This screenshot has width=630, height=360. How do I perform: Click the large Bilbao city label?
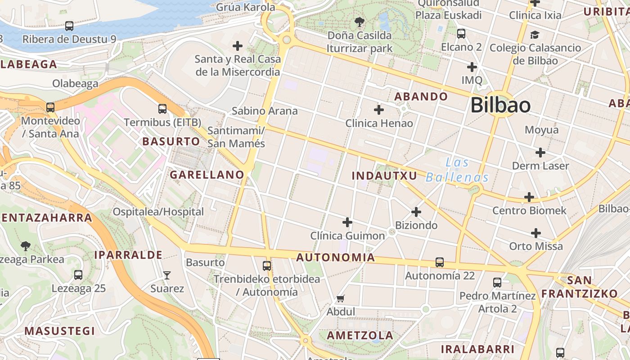click(x=500, y=105)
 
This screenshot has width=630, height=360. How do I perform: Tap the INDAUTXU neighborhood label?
click(x=384, y=175)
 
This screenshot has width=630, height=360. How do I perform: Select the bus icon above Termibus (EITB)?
click(x=162, y=108)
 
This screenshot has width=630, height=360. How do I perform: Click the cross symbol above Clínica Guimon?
click(x=347, y=222)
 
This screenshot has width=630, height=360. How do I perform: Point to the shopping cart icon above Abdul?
click(x=341, y=298)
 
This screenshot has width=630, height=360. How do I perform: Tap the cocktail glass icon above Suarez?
click(x=167, y=275)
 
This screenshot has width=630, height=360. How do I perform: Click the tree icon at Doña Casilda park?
click(x=359, y=21)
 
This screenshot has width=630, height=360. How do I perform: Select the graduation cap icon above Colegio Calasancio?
click(x=535, y=35)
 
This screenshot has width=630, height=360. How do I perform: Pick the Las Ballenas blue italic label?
click(x=457, y=170)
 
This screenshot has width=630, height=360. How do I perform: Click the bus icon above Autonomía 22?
click(x=440, y=262)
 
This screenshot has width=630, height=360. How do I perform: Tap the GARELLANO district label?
click(x=207, y=175)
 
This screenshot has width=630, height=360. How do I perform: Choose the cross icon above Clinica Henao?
click(x=379, y=109)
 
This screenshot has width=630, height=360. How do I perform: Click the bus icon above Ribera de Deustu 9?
click(x=69, y=26)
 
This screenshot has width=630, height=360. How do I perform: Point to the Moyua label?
click(x=541, y=130)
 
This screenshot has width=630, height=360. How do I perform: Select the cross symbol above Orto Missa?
click(x=535, y=233)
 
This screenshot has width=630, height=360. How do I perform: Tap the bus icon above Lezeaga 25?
click(x=78, y=274)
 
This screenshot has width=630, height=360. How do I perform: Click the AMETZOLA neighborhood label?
click(x=360, y=335)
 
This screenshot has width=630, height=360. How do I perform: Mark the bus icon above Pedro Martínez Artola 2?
click(x=497, y=282)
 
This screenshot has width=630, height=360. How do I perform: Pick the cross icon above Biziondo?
click(x=416, y=211)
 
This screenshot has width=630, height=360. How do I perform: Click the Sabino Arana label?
click(x=265, y=111)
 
